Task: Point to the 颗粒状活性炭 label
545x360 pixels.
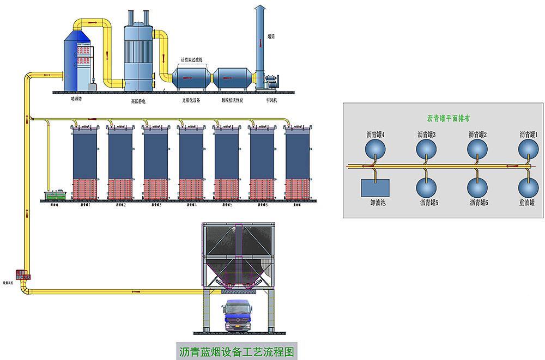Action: [231, 100]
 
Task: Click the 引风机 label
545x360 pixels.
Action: [271, 100]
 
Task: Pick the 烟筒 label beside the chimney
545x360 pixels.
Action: [271, 37]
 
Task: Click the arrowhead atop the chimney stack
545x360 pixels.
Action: [260, 7]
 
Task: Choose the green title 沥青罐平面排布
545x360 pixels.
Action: [449, 118]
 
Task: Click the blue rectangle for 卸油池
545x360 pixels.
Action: [375, 187]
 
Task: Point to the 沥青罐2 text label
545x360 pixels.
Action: [478, 134]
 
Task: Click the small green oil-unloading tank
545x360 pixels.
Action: [56, 195]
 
